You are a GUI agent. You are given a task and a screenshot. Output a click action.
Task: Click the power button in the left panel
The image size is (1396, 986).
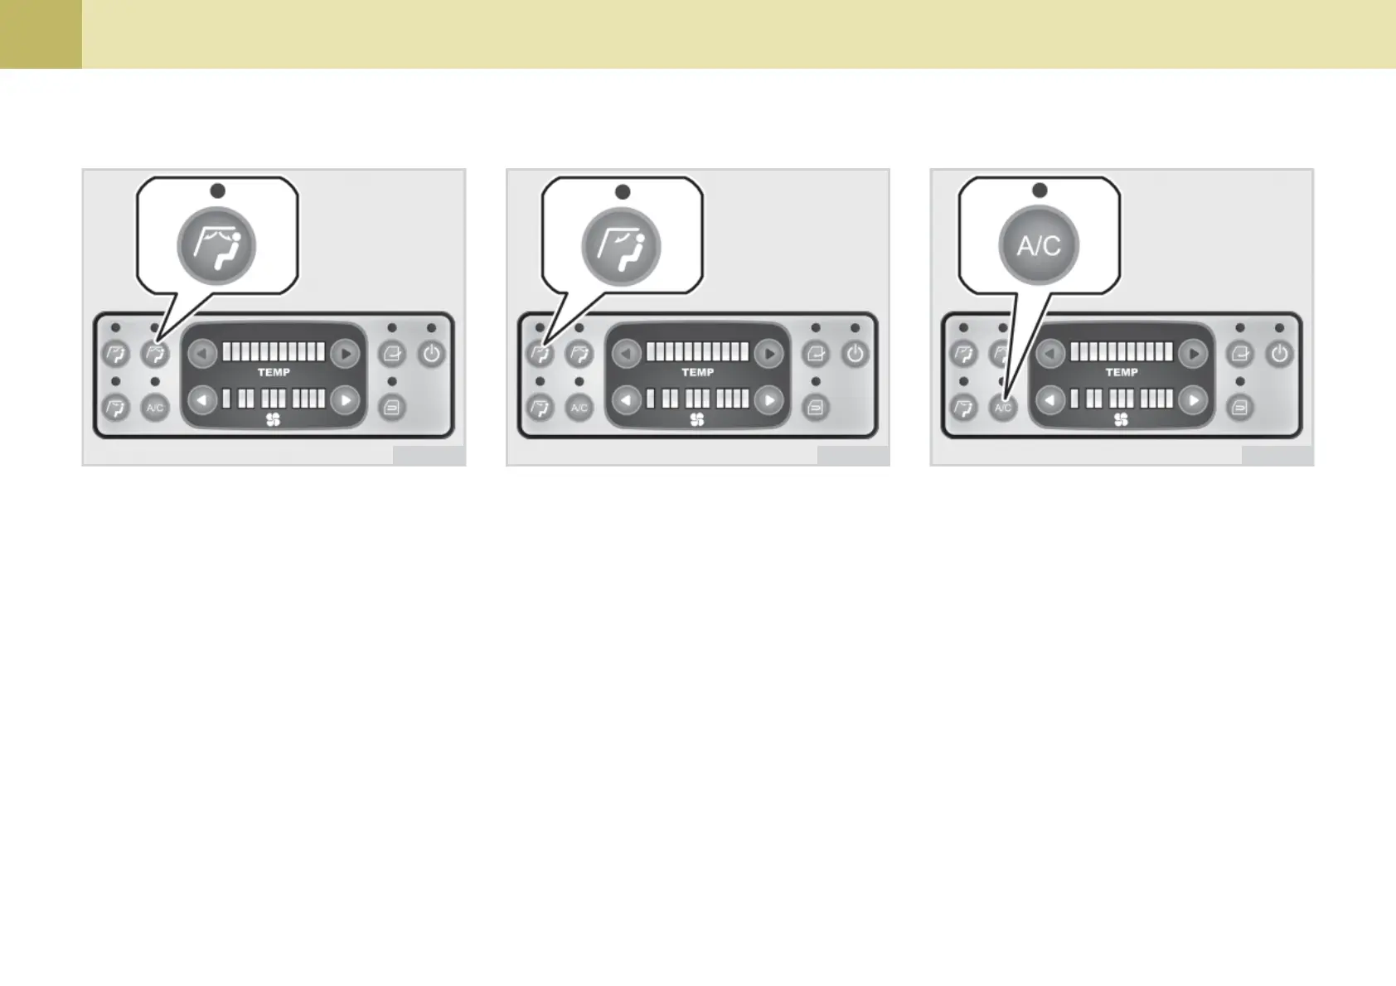click(x=431, y=355)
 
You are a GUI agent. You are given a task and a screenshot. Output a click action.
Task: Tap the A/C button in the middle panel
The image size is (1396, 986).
click(x=579, y=408)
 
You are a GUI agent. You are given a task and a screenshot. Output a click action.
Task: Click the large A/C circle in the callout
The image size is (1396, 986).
click(x=1039, y=245)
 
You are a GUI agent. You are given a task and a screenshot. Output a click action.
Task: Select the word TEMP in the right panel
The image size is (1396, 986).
click(x=1122, y=373)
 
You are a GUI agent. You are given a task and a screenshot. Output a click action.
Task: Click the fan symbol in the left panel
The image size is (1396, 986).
click(x=273, y=420)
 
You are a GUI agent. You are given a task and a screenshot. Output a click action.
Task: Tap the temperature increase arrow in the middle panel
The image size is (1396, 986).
click(x=769, y=354)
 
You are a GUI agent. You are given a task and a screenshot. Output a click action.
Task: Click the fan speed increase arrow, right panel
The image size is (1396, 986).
click(x=1193, y=401)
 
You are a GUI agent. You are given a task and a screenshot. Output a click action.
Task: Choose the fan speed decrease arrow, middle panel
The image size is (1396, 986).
click(x=627, y=401)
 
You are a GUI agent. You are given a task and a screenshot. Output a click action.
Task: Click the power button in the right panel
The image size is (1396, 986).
click(x=1279, y=355)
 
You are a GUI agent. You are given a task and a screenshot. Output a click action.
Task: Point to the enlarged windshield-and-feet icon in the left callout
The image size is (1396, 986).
click(x=216, y=246)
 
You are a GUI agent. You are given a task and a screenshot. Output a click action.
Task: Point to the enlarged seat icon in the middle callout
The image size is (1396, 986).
click(x=621, y=247)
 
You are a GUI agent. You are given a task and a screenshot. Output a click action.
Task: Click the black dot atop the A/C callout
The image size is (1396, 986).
click(x=1040, y=191)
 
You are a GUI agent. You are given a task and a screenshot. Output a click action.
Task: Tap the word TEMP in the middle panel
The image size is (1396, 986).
click(x=698, y=373)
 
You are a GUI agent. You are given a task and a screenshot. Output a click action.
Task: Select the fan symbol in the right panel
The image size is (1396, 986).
click(x=1121, y=420)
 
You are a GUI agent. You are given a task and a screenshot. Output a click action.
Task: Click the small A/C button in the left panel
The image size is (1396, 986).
click(x=155, y=408)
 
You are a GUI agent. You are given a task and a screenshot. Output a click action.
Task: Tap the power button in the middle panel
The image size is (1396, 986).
click(x=855, y=355)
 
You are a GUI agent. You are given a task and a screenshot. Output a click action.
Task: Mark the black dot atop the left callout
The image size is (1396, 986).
click(x=218, y=191)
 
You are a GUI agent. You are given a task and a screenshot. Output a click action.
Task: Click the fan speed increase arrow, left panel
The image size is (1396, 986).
click(x=345, y=401)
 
